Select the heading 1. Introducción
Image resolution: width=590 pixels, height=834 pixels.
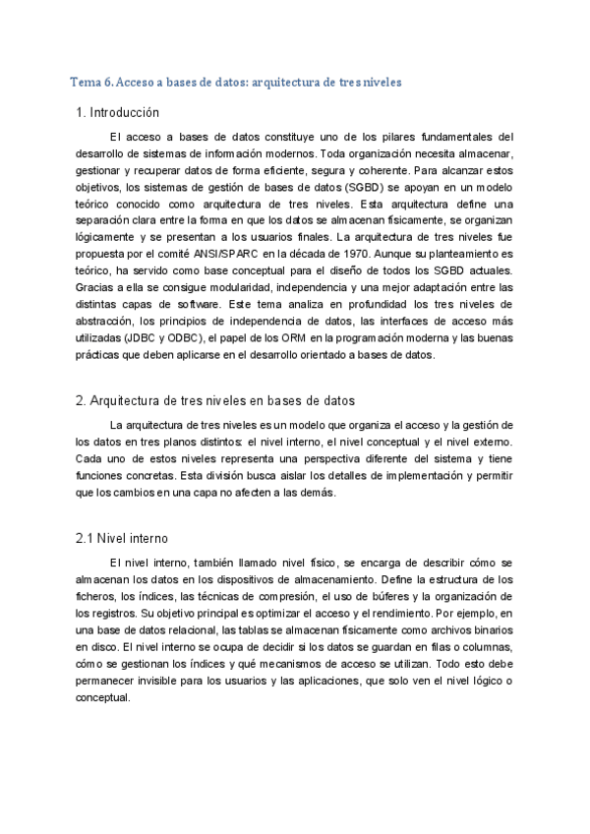tap(117, 113)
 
